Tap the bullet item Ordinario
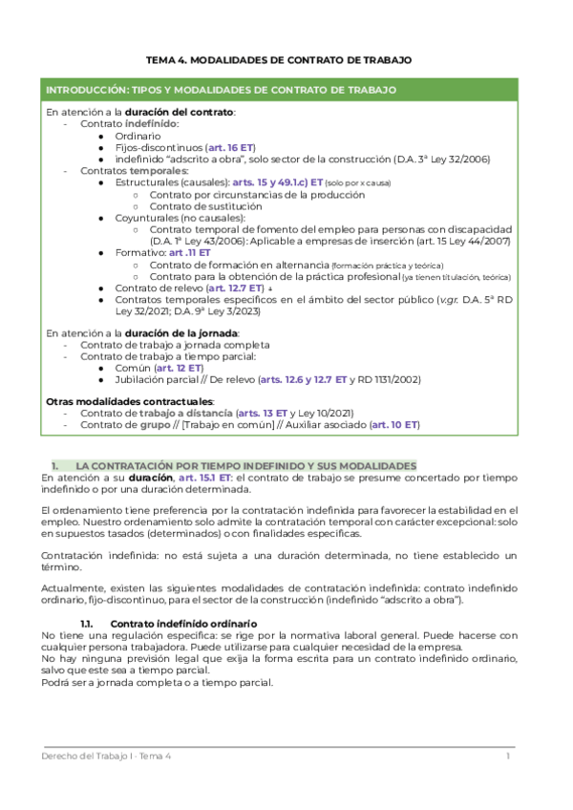click(x=138, y=136)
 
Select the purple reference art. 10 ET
click(x=393, y=424)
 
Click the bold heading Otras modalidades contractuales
click(x=130, y=401)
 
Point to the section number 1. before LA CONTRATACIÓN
click(x=55, y=463)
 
